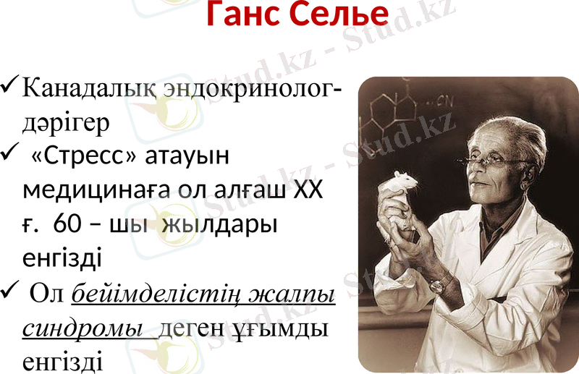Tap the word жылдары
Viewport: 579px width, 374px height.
(220, 224)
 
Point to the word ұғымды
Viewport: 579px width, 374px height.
(287, 328)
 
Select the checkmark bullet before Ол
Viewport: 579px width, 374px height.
(10, 293)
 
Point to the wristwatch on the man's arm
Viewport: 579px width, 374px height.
(438, 284)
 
